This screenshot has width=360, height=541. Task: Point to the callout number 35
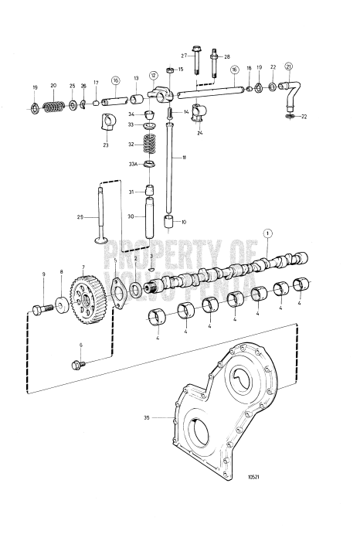(x=145, y=419)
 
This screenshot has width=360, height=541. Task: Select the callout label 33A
(x=133, y=164)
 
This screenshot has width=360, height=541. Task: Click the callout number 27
(x=185, y=56)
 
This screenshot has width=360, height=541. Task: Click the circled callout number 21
(x=288, y=66)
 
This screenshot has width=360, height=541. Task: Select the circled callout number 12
(x=154, y=75)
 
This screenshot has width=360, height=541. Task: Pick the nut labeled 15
(x=171, y=70)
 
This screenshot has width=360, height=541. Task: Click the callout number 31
(x=131, y=192)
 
